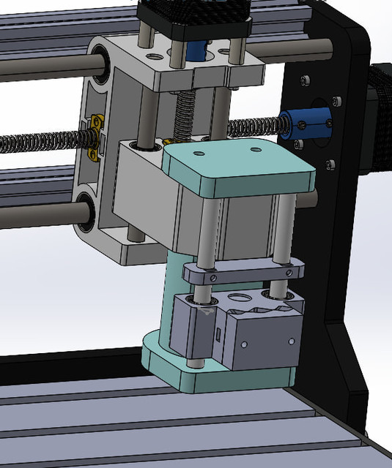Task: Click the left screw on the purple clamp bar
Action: pos(212,277)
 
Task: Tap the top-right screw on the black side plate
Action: pos(336,101)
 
